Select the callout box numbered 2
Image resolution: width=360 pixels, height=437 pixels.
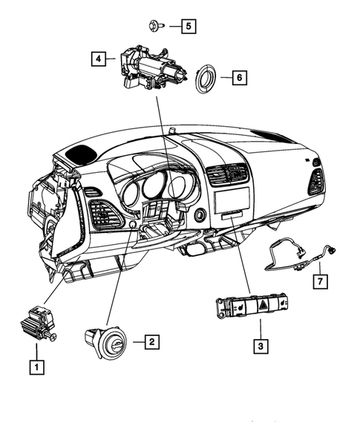[150, 342]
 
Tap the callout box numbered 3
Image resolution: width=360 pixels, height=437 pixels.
[260, 345]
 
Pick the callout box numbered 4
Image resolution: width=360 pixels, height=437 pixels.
[99, 57]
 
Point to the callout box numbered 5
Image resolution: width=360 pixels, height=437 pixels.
[189, 26]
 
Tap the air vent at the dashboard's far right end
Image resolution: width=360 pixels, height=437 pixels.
[317, 182]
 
